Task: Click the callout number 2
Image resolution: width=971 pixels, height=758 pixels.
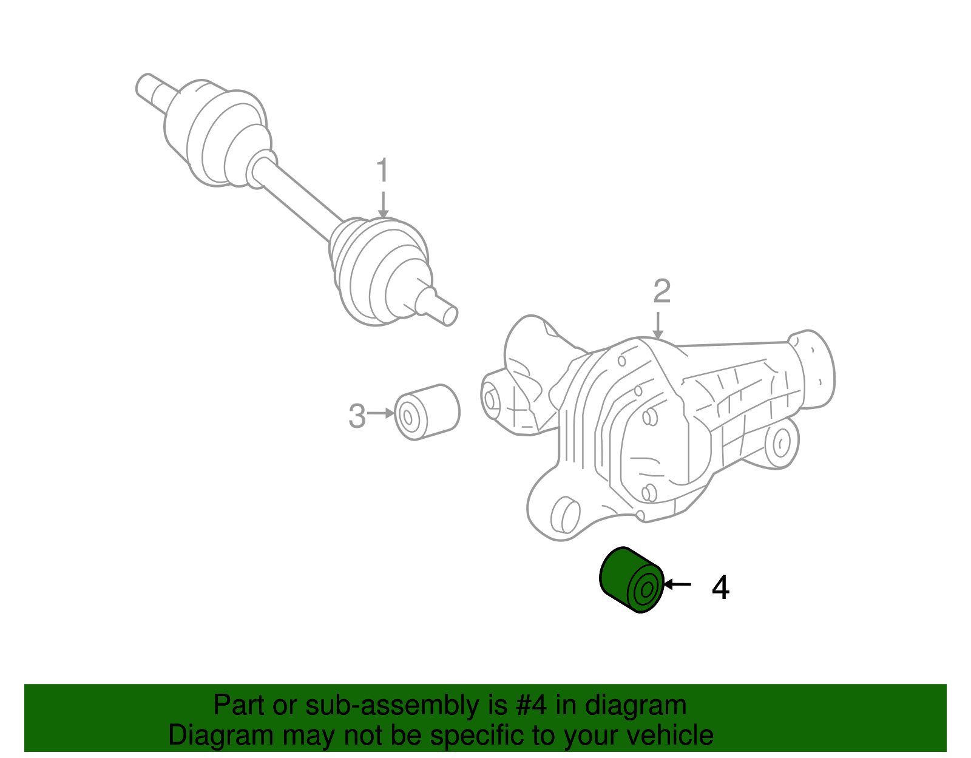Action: [661, 292]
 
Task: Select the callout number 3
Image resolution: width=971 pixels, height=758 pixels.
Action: [357, 417]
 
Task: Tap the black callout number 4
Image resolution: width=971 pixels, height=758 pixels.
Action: [720, 587]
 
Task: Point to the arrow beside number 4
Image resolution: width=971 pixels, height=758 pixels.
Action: [677, 584]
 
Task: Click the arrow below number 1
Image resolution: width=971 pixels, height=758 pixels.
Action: [382, 204]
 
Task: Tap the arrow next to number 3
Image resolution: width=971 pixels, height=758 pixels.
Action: [381, 413]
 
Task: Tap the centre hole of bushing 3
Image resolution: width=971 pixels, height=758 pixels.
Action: [408, 417]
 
